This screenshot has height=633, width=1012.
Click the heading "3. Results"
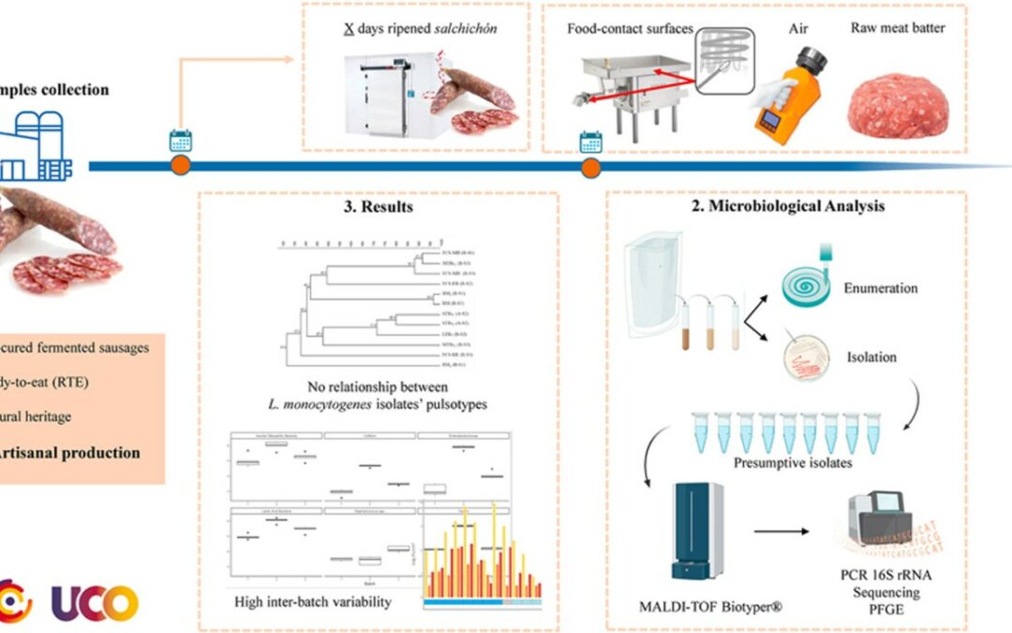(x=379, y=207)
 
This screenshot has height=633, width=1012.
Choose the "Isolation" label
(x=871, y=357)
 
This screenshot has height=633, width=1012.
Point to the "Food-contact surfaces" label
(x=630, y=29)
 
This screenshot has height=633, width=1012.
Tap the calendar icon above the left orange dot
(x=180, y=142)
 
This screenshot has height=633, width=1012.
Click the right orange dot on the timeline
(x=590, y=167)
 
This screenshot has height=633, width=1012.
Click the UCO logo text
(x=96, y=602)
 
